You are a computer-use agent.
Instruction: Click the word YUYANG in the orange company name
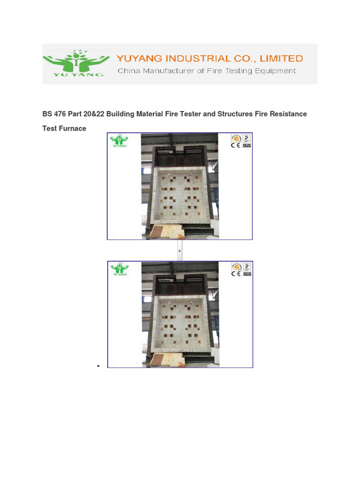pos(138,59)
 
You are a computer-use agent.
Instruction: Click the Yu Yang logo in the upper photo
pos(119,141)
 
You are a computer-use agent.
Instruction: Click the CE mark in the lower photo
pos(236,274)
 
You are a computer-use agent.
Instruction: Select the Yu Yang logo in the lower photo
pos(119,269)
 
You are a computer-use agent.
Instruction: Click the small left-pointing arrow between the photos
pos(180,251)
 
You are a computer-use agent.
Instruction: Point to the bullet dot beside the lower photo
pos(99,366)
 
